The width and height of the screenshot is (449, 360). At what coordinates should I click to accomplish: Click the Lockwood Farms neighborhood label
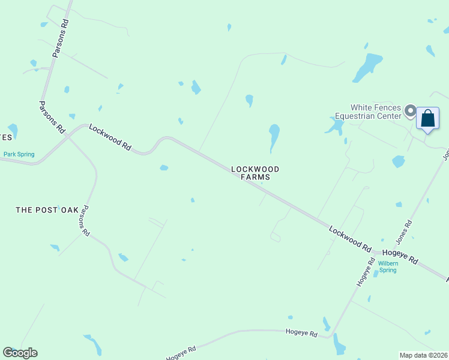[x=255, y=173]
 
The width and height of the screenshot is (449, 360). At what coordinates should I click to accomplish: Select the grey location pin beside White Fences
[x=411, y=110]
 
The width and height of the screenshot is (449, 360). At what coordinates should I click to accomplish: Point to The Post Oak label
[x=47, y=210]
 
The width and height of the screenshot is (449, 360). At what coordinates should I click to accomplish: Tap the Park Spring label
[x=19, y=154]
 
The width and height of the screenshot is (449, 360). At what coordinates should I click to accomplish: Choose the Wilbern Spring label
[x=387, y=266]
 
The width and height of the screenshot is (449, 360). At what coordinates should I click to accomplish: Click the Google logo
[x=20, y=353]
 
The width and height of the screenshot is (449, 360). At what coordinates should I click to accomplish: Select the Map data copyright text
[x=423, y=355]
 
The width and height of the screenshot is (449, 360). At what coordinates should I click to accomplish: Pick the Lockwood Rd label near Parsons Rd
[x=110, y=137]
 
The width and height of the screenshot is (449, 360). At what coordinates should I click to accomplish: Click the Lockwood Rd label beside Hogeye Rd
[x=349, y=238]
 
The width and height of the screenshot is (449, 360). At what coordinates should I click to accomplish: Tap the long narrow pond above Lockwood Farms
[x=274, y=137]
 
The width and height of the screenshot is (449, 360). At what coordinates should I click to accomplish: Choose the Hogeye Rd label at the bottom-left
[x=181, y=353]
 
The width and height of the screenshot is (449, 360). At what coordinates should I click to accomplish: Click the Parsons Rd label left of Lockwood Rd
[x=52, y=116]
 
